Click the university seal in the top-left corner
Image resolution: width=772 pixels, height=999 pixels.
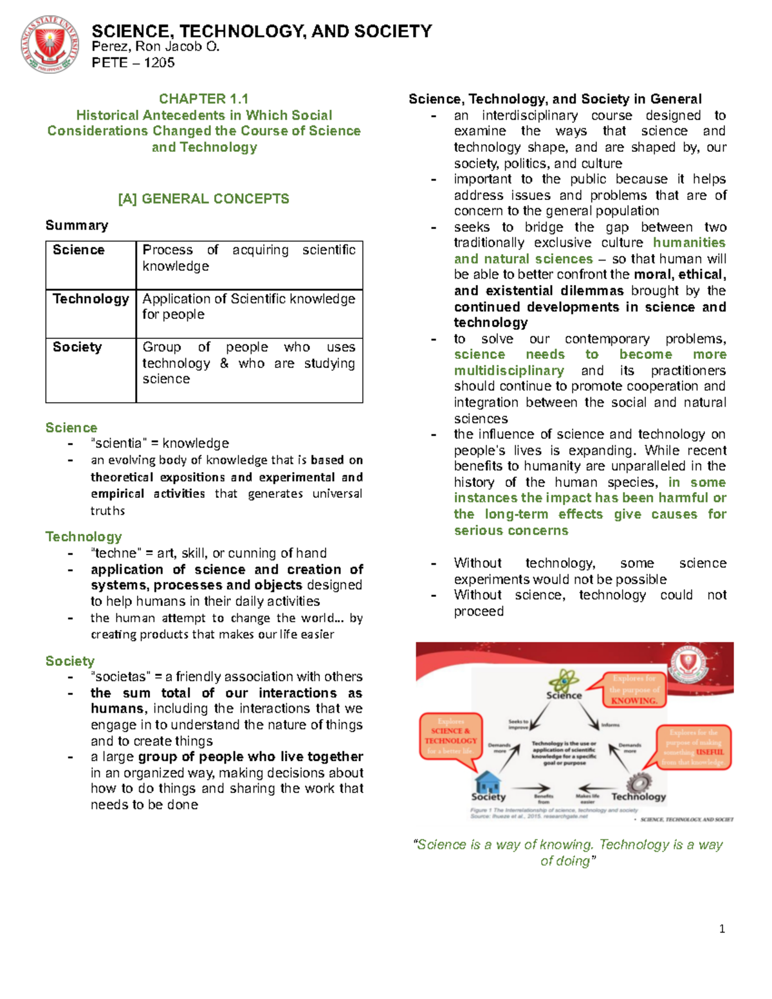click(50, 45)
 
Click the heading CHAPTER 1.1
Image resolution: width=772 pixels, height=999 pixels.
click(203, 98)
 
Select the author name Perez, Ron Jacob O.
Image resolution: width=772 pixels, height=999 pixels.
click(156, 46)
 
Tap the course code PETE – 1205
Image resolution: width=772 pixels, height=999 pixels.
click(133, 62)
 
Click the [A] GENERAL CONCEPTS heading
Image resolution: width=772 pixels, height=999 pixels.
click(203, 199)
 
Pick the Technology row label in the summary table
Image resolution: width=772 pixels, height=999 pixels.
click(91, 299)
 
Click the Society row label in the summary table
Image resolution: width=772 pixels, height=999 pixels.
click(77, 347)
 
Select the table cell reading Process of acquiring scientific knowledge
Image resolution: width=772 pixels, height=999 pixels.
click(248, 258)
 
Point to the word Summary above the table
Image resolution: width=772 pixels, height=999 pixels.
click(77, 225)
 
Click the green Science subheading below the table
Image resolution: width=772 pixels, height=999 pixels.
click(71, 428)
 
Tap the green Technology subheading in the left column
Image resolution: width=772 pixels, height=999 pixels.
click(84, 536)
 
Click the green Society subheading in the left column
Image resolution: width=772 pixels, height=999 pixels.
click(70, 661)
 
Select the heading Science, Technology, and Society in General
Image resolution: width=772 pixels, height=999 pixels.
click(555, 99)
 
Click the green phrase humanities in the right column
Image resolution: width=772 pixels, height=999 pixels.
click(688, 243)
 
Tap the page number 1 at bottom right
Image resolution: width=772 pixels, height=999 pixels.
click(722, 929)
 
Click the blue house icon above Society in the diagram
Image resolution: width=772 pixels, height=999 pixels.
click(488, 782)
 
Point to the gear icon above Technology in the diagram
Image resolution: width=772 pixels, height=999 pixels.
click(639, 782)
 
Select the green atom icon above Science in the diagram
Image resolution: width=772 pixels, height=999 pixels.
click(564, 681)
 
